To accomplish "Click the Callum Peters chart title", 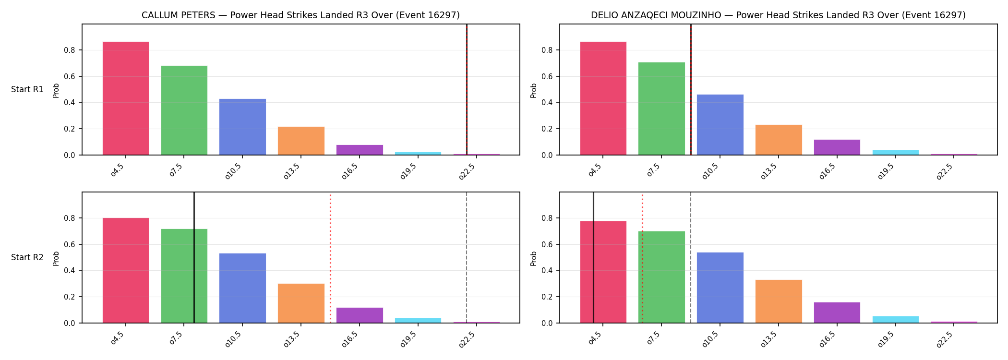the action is pos(300,15).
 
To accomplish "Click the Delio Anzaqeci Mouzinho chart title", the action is pos(778,15).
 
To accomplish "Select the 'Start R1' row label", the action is pos(27,89).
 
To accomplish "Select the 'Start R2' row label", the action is pos(27,257).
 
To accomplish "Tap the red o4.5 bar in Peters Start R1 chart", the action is pos(126,98).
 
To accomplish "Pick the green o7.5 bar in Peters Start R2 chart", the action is pos(184,276).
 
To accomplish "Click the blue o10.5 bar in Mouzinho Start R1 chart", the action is pos(720,125).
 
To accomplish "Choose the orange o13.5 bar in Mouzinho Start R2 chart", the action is pos(779,301).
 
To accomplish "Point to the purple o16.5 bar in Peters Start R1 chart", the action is pos(360,150).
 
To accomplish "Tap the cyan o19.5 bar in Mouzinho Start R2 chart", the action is pos(896,320).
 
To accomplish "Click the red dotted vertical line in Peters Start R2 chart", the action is pos(330,258).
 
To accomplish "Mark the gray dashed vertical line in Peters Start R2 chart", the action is pos(467,258).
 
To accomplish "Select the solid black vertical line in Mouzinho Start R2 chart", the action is pos(593,258).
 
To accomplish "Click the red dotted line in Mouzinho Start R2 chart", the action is pos(642,258).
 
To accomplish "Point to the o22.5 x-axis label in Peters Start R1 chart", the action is pos(467,171).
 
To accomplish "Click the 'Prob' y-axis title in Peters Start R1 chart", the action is pos(56,90).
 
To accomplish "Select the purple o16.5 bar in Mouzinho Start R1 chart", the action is pos(837,147).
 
